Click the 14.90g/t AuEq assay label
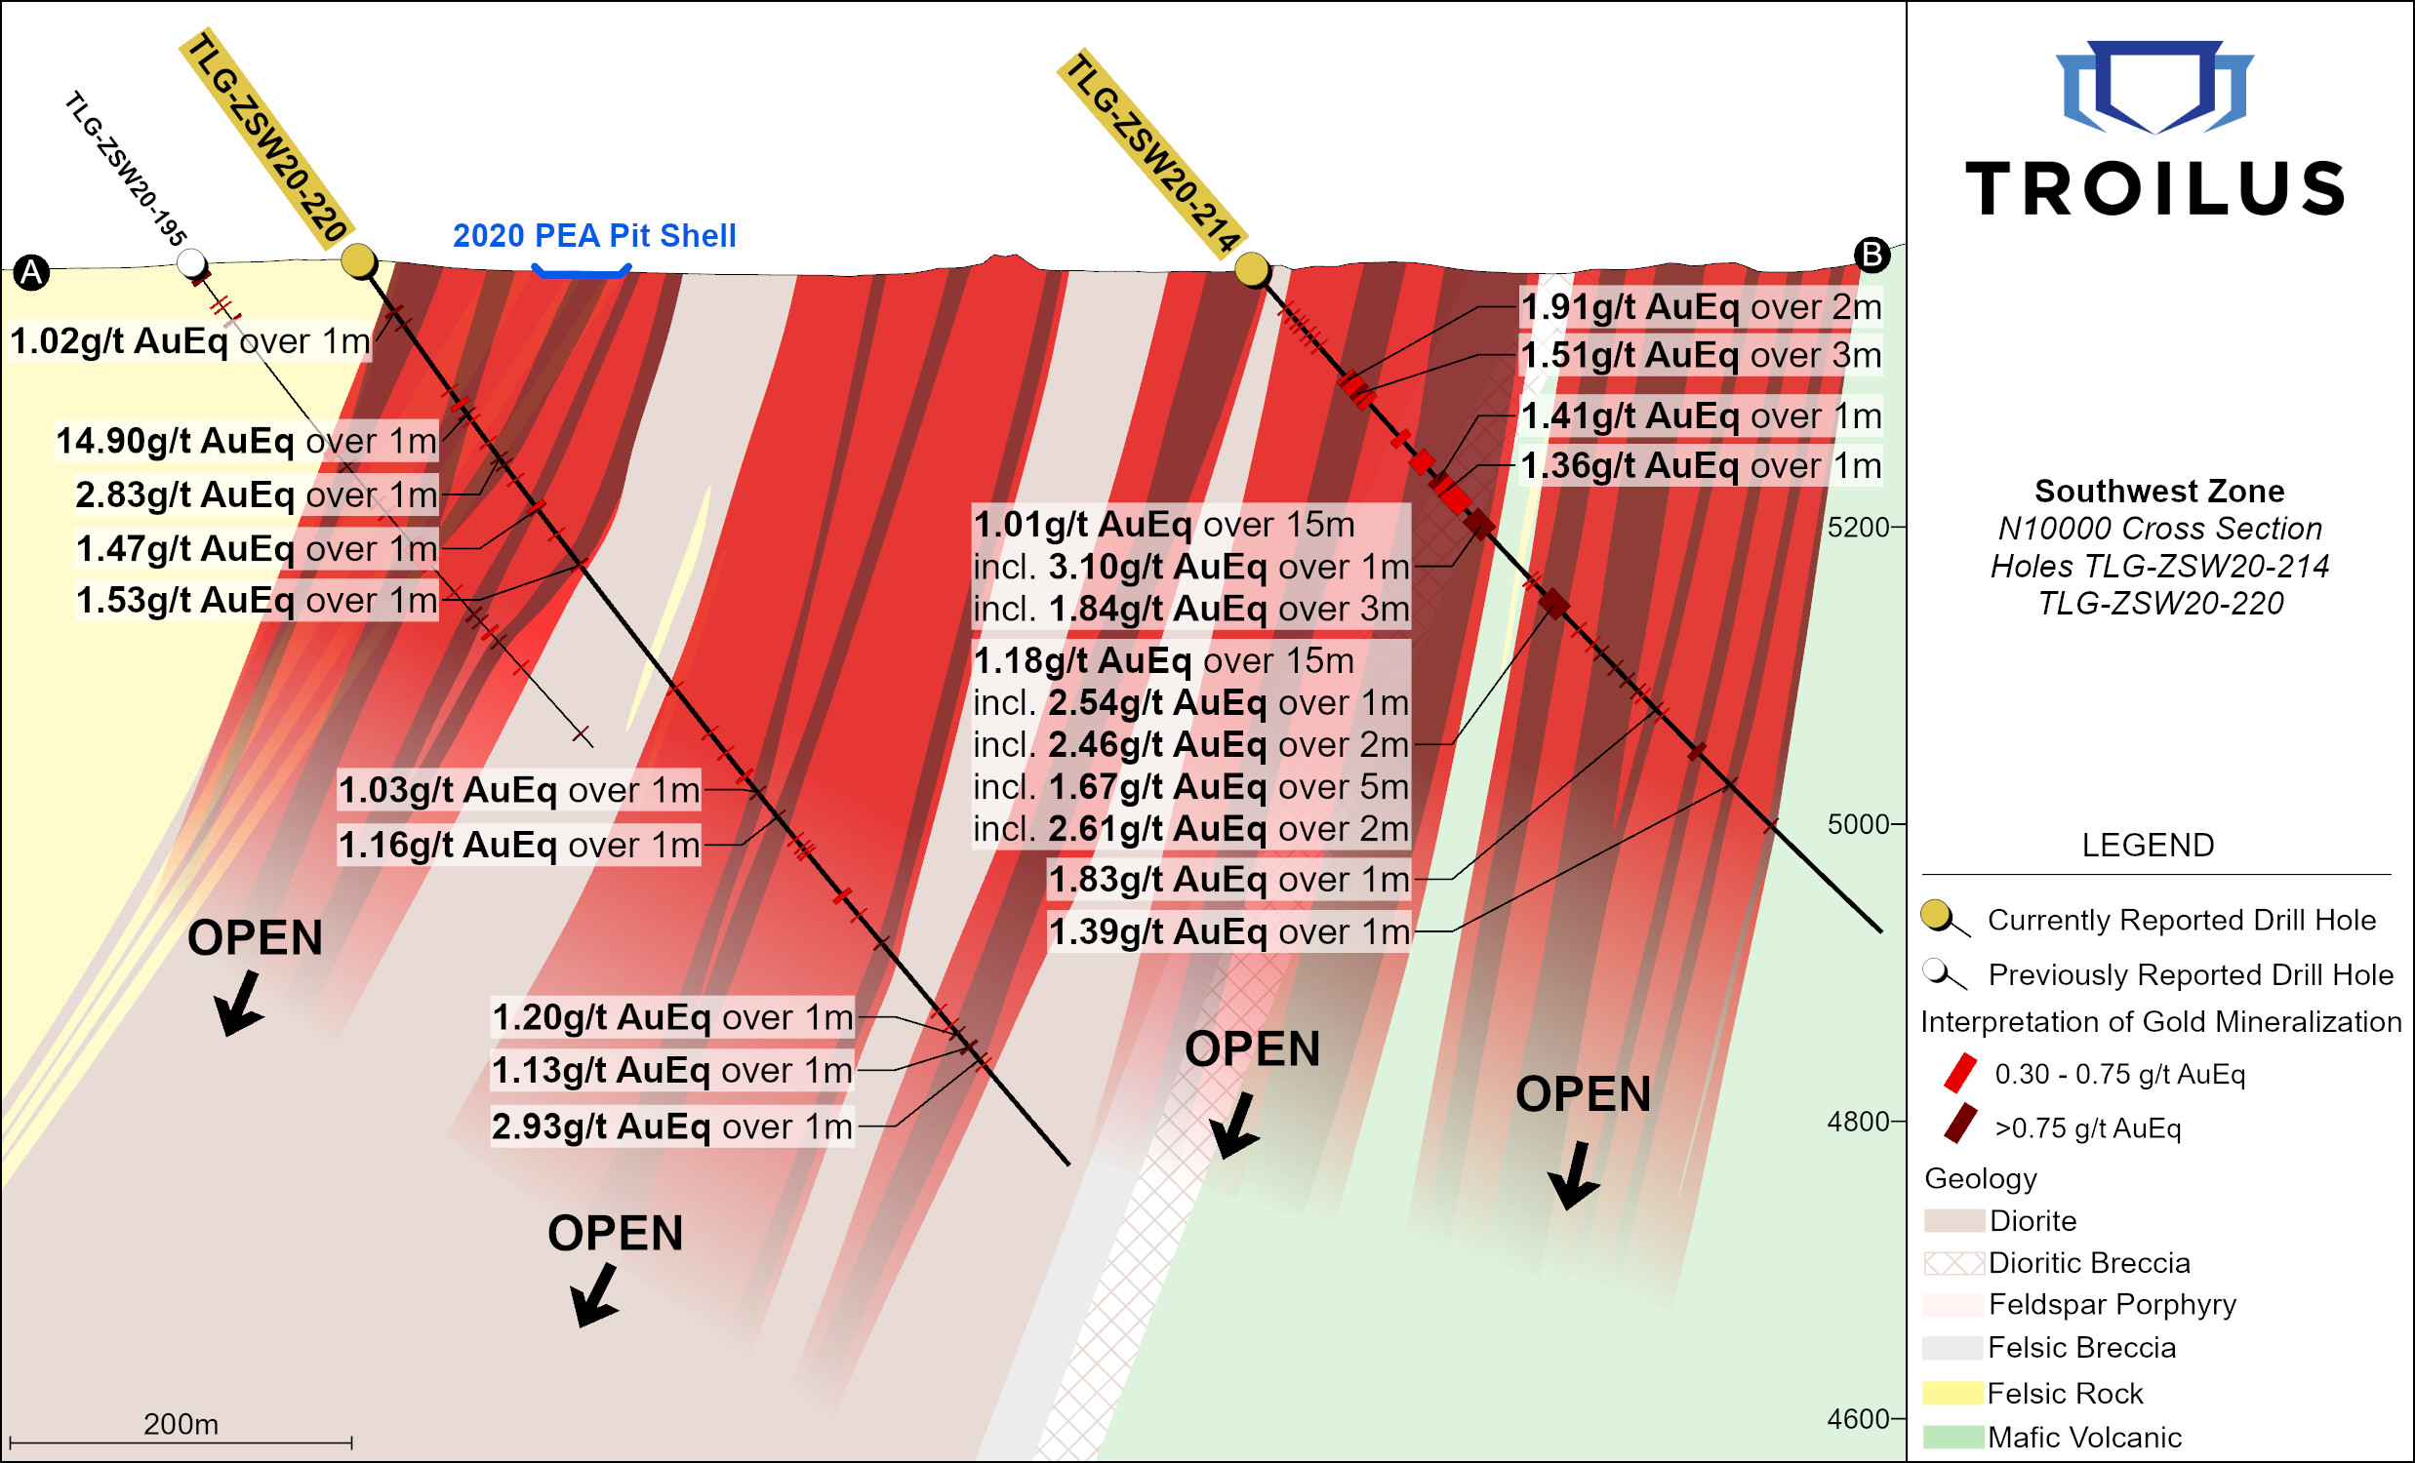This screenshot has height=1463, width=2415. [x=246, y=441]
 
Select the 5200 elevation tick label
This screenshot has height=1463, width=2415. [x=1857, y=528]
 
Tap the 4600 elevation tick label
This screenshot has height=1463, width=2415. [x=1857, y=1419]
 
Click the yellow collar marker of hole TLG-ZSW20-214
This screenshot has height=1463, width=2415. [x=1252, y=268]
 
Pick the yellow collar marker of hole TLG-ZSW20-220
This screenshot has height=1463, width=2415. [x=359, y=260]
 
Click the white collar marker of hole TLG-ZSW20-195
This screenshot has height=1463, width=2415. [x=191, y=262]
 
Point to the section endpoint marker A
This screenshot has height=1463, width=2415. [x=31, y=272]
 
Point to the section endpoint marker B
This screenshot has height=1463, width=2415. [x=1872, y=255]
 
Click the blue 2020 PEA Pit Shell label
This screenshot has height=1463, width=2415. [x=594, y=236]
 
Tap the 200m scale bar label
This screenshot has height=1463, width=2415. [x=181, y=1424]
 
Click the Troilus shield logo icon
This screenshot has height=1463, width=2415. [x=2154, y=86]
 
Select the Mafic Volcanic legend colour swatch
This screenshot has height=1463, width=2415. [x=1952, y=1438]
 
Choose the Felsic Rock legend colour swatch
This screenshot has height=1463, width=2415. [x=1952, y=1393]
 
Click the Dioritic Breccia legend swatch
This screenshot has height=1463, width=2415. [x=1952, y=1263]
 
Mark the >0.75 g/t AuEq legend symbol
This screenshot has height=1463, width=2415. [x=1960, y=1124]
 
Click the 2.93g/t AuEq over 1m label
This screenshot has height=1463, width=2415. [x=672, y=1127]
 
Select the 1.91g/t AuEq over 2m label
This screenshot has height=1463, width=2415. [x=1701, y=307]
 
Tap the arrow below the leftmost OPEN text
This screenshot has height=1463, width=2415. [x=238, y=1003]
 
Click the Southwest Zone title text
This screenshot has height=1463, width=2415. [x=2159, y=491]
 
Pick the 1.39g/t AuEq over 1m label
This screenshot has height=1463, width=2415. [x=1229, y=931]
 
